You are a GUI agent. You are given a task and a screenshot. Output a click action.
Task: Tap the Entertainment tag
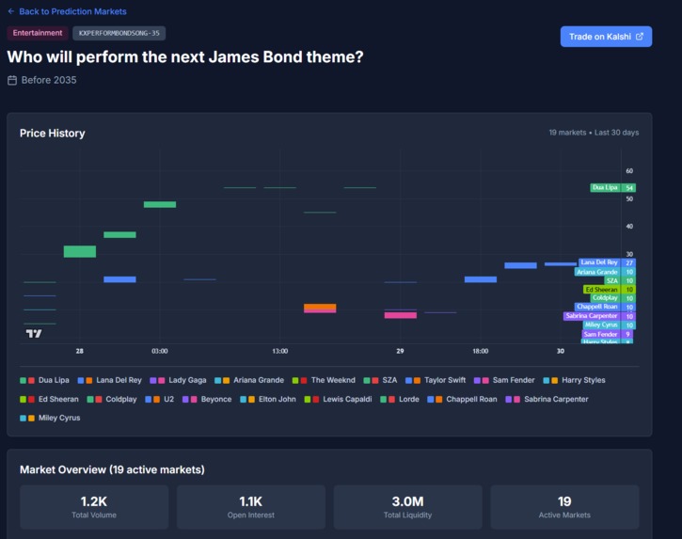[38, 33]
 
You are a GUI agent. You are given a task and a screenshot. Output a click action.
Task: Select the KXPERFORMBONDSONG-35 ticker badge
[119, 33]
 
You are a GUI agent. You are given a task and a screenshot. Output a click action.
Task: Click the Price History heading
[52, 134]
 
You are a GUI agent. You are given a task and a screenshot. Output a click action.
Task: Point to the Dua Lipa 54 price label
[612, 187]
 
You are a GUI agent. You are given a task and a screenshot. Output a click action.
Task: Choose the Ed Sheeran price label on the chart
[609, 290]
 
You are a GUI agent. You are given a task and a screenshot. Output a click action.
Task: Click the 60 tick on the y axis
[629, 171]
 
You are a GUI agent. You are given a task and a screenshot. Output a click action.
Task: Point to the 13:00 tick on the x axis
[279, 351]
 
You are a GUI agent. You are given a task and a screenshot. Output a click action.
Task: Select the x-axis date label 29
[400, 351]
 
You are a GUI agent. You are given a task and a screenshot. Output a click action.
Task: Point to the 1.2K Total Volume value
[94, 501]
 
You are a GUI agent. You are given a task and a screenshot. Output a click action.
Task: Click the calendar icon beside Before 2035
[12, 81]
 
